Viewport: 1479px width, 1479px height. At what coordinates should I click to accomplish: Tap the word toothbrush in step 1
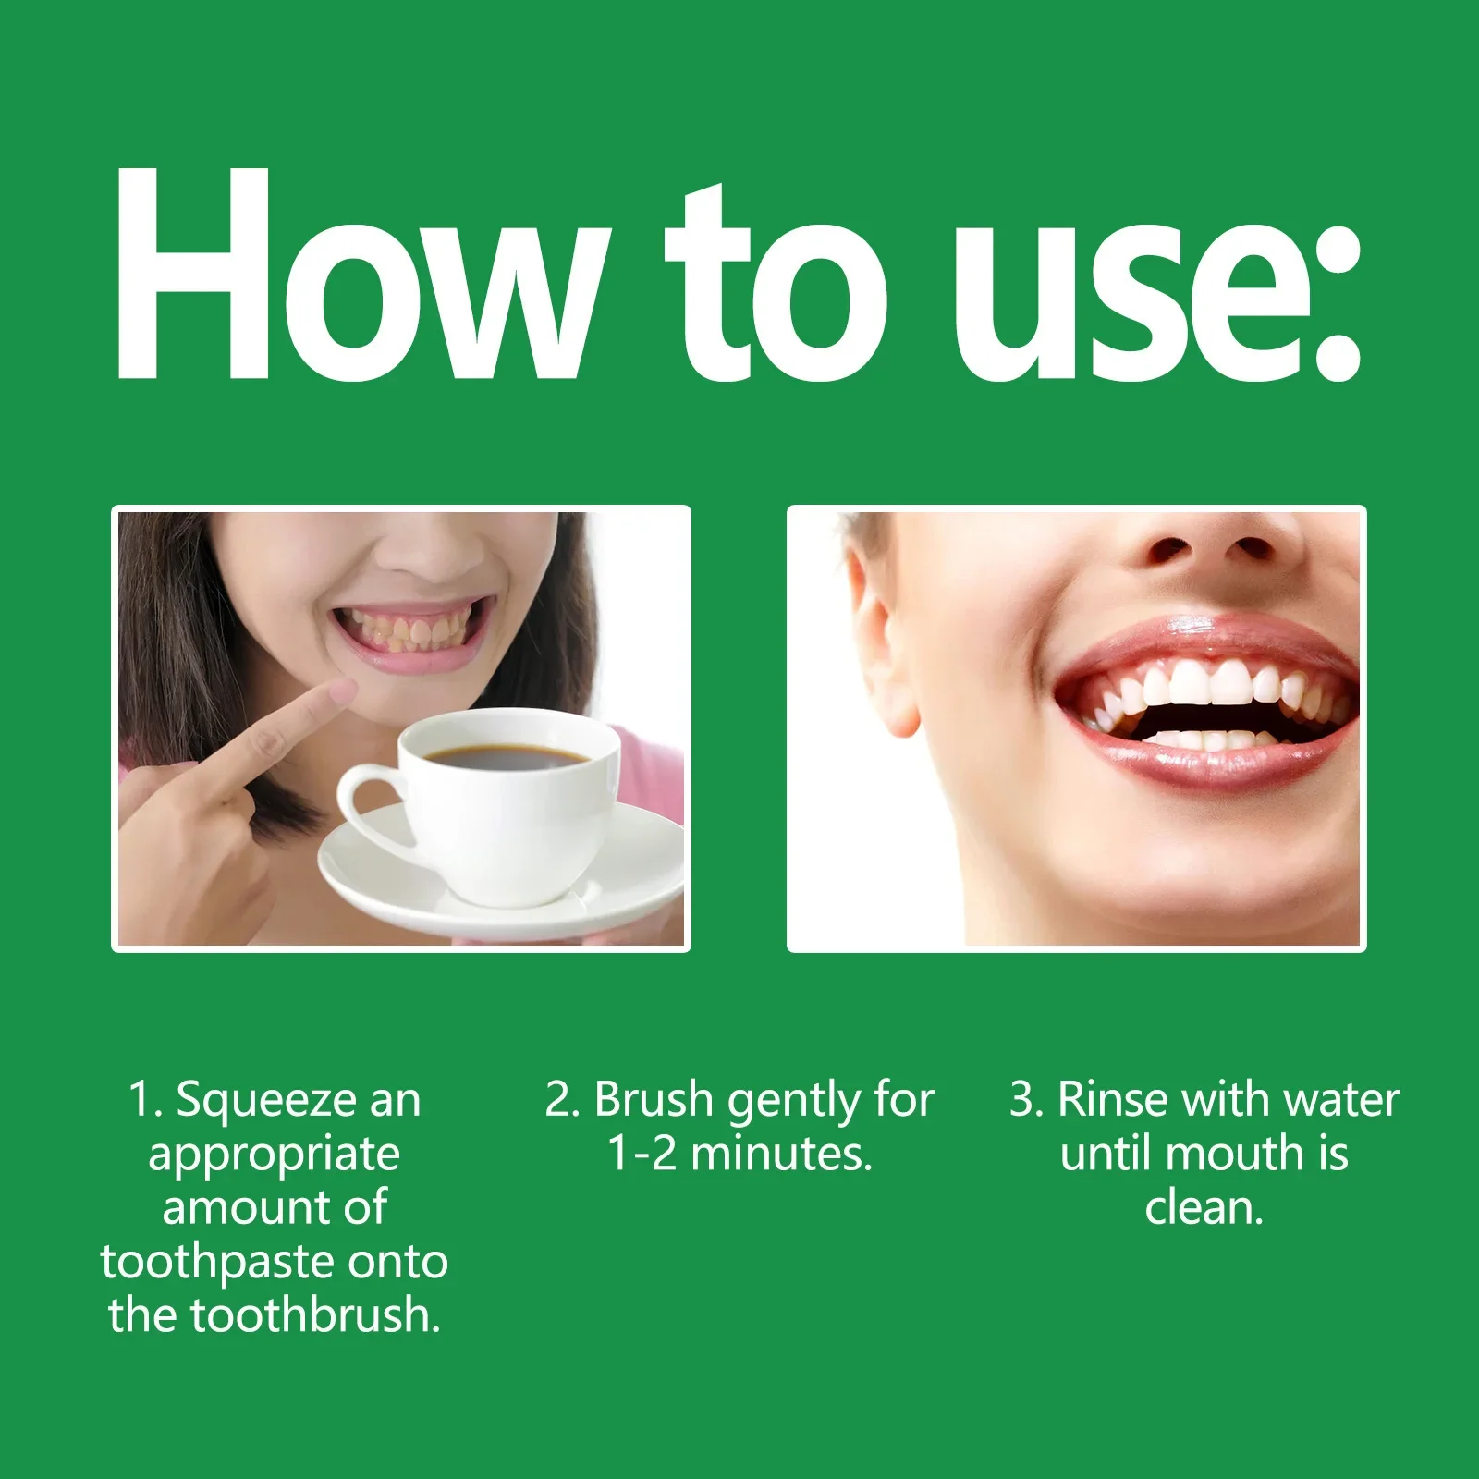coord(314,1315)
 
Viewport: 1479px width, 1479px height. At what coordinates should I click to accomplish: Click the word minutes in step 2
coord(780,1154)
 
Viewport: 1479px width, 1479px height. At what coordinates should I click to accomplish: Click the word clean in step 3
coord(1202,1208)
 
